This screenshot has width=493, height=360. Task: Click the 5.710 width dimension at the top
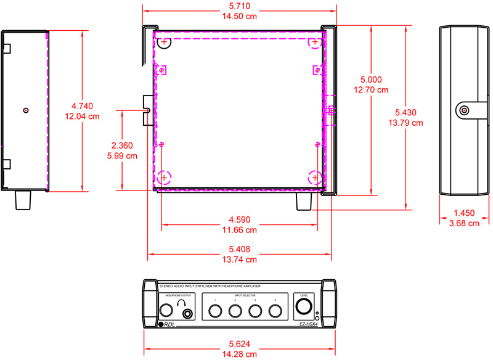point(240,6)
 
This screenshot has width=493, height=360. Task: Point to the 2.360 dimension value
point(123,145)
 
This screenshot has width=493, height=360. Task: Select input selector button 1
point(215,311)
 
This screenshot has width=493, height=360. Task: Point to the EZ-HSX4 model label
point(308,324)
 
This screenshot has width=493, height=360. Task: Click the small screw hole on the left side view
point(25,110)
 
